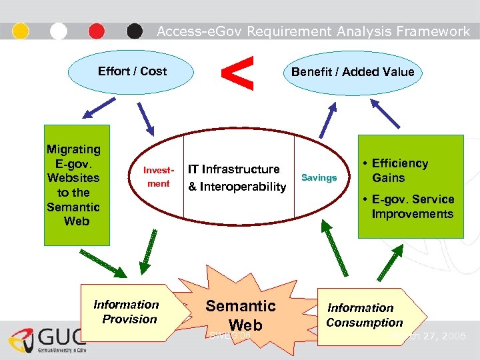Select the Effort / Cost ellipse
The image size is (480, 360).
132,71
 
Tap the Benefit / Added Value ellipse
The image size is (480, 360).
353,72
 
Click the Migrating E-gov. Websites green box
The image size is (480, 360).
73,185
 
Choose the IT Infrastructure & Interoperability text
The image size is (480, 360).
237,178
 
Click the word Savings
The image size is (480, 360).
319,177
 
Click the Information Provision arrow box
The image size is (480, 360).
130,312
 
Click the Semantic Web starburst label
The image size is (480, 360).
240,315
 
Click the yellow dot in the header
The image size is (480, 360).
21,31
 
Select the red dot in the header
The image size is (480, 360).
97,31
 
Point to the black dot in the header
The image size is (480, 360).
135,31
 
